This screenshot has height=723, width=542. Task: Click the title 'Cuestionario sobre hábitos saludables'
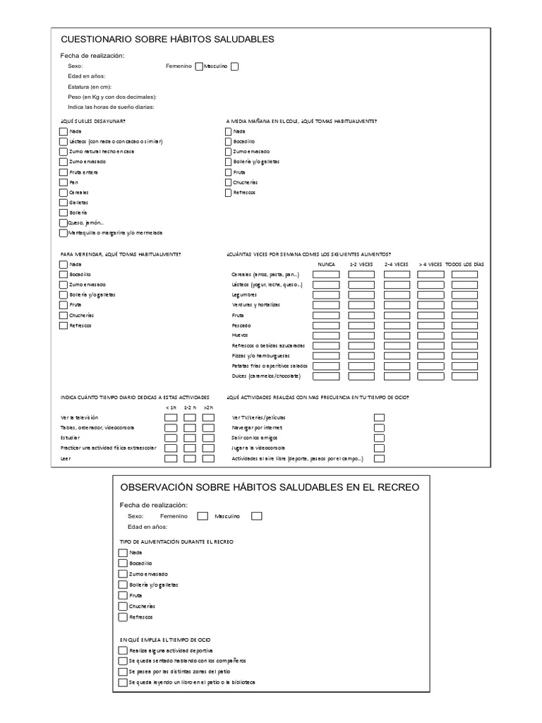pyautogui.click(x=167, y=40)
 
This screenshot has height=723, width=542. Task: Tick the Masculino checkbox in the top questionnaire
pyautogui.click(x=235, y=66)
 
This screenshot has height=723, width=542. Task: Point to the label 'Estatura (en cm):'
pyautogui.click(x=90, y=86)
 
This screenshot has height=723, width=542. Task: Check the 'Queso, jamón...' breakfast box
pyautogui.click(x=64, y=223)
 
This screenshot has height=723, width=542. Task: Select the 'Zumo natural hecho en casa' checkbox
pyautogui.click(x=64, y=151)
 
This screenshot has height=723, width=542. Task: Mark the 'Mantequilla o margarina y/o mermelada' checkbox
pyautogui.click(x=64, y=233)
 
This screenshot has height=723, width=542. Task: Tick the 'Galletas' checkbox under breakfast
pyautogui.click(x=64, y=203)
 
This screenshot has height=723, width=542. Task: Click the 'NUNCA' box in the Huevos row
pyautogui.click(x=325, y=335)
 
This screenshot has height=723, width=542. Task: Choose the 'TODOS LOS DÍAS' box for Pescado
pyautogui.click(x=464, y=325)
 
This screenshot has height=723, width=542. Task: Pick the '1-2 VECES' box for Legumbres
pyautogui.click(x=361, y=295)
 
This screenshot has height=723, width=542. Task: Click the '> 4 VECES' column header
pyautogui.click(x=430, y=264)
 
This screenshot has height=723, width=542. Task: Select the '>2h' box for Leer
pyautogui.click(x=208, y=458)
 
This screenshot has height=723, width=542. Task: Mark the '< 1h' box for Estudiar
pyautogui.click(x=171, y=438)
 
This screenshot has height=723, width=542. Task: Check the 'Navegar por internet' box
pyautogui.click(x=379, y=428)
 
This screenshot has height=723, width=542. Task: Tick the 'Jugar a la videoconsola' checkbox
pyautogui.click(x=379, y=448)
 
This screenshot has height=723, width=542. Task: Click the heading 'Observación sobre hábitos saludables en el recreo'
pyautogui.click(x=270, y=487)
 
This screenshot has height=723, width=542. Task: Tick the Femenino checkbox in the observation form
pyautogui.click(x=203, y=516)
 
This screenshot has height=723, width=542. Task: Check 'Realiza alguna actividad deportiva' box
pyautogui.click(x=124, y=650)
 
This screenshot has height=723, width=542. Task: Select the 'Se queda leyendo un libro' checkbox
pyautogui.click(x=124, y=683)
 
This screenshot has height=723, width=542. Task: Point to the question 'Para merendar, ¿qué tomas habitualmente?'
pyautogui.click(x=120, y=253)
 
